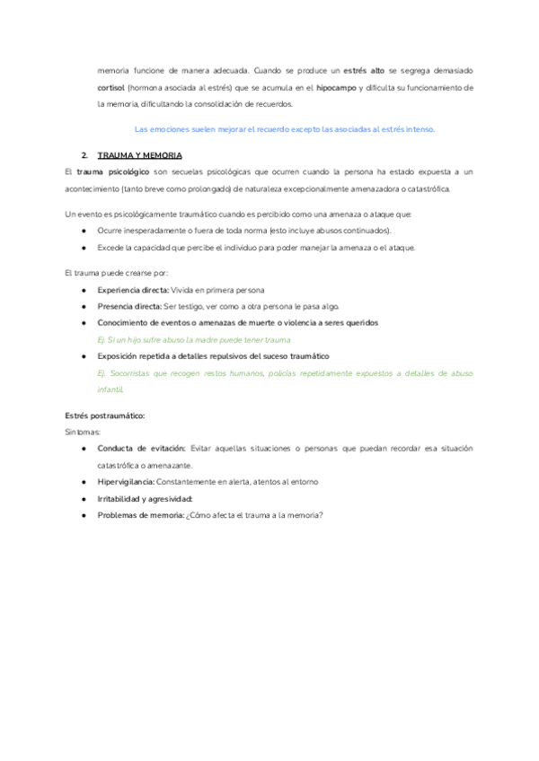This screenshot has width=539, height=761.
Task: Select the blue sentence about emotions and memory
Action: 283,128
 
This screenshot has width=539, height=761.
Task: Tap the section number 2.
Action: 84,154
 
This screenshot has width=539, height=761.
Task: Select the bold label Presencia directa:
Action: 129,306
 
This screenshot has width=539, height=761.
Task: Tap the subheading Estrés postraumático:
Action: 105,415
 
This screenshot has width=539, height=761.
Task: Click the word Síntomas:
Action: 84,432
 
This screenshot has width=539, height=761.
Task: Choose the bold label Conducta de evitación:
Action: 141,448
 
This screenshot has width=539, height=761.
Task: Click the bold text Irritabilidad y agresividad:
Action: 146,498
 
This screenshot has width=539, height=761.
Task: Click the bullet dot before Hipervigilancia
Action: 83,482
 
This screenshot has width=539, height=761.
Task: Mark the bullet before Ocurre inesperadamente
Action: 83,231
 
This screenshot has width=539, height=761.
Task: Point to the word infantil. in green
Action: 111,389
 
